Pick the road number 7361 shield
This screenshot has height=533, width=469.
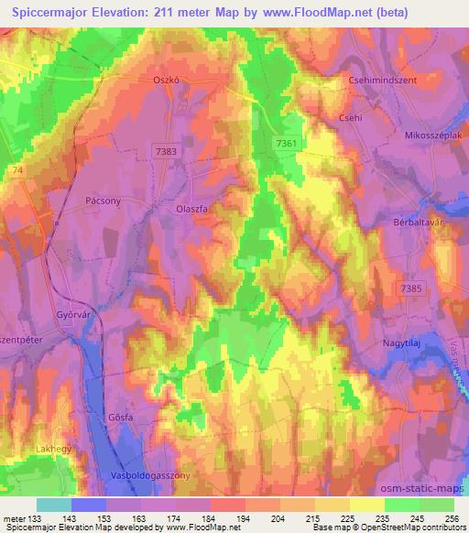286,143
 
